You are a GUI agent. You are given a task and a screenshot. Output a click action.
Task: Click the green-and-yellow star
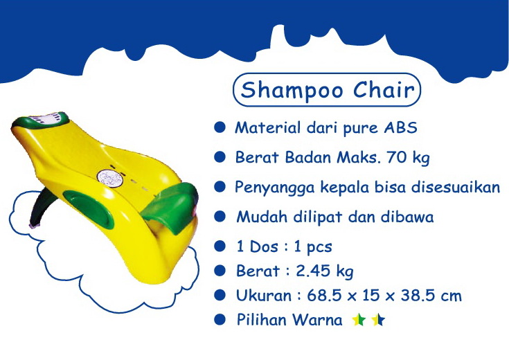pyautogui.click(x=359, y=321)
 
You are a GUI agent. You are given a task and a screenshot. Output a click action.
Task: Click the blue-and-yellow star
pyautogui.click(x=377, y=321)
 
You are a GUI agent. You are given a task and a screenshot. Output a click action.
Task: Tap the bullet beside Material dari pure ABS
pyautogui.click(x=220, y=128)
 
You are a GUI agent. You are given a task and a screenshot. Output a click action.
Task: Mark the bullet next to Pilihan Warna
pyautogui.click(x=220, y=320)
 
